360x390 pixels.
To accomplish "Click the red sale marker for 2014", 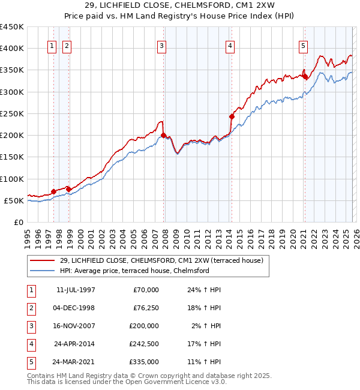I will click(x=232, y=116).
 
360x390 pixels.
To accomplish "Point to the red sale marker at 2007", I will click(x=163, y=135).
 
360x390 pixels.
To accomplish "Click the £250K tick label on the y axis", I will click(x=11, y=113).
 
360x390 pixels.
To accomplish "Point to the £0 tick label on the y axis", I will click(x=18, y=222).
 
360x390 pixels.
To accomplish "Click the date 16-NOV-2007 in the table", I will click(x=75, y=326).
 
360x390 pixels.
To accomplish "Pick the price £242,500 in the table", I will click(x=144, y=344).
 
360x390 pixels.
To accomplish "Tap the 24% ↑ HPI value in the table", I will click(x=203, y=290).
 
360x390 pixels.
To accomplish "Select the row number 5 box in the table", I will click(x=29, y=362).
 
